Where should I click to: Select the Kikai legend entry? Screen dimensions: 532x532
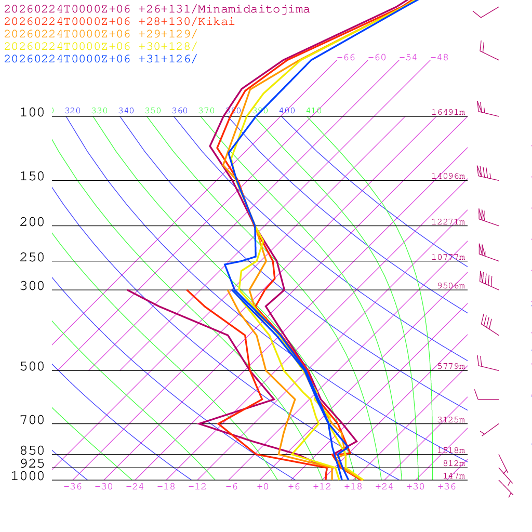[119, 22]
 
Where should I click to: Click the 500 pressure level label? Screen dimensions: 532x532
[32, 367]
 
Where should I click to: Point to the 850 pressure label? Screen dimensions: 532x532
[32, 450]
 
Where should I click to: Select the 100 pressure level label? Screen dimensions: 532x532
[32, 113]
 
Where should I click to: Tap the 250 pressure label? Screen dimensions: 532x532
[32, 258]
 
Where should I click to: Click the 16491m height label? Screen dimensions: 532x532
[448, 112]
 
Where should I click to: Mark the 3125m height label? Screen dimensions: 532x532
[451, 420]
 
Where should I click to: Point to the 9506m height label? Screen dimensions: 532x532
[451, 286]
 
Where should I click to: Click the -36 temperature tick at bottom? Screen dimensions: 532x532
[73, 487]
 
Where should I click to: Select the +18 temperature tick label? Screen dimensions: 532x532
[353, 487]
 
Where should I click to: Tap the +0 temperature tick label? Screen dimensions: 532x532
[263, 487]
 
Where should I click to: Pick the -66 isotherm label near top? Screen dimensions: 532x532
[346, 58]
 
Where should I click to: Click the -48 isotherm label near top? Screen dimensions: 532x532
[440, 58]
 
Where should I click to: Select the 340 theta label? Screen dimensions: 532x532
[126, 111]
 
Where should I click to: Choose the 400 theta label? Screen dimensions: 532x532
[287, 111]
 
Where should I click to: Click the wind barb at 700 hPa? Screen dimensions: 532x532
[490, 429]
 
